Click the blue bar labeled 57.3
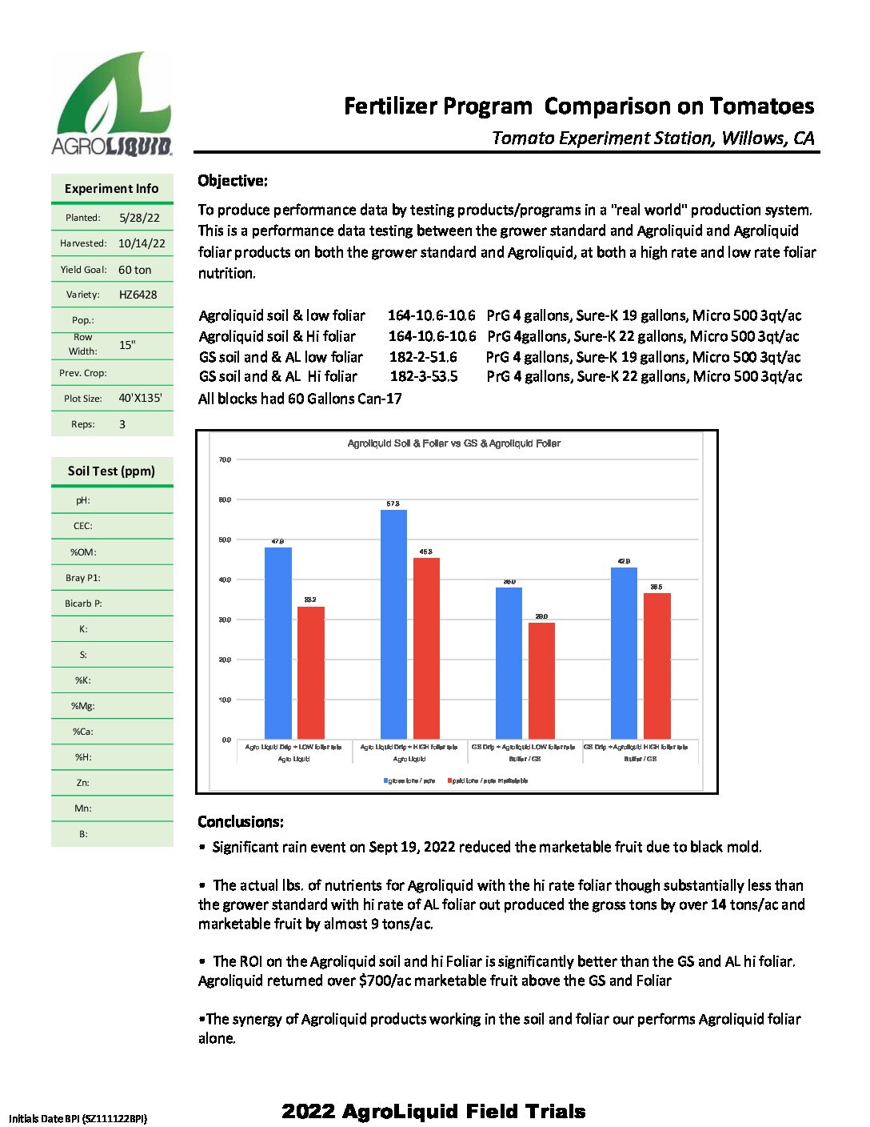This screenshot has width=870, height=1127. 393,624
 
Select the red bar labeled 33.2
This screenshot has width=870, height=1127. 311,672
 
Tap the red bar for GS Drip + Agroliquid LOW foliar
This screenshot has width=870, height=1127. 541,680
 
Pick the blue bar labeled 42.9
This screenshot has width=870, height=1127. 624,652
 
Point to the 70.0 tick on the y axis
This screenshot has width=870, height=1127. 225,460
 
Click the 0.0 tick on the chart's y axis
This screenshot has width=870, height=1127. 226,740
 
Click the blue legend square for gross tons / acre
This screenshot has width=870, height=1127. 386,780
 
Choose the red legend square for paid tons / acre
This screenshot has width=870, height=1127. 450,780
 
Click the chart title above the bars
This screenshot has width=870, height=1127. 453,443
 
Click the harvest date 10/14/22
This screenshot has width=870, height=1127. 142,243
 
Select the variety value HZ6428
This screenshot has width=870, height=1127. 138,295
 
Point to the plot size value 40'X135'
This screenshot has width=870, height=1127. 140,398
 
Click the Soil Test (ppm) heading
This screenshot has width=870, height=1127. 111,471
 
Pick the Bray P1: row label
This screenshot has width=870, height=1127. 83,578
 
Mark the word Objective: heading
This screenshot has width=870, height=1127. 233,181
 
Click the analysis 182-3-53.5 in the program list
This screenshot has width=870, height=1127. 424,376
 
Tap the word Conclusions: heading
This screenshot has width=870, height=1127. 241,822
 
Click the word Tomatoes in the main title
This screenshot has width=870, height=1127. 761,106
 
